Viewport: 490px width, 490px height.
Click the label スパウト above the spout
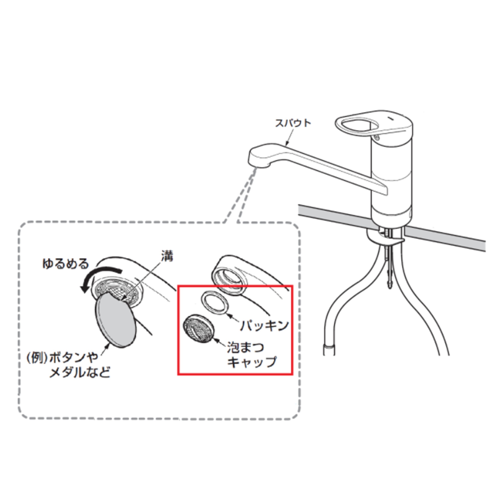point(293,123)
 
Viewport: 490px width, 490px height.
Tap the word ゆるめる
point(65,264)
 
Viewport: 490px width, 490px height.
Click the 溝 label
point(167,257)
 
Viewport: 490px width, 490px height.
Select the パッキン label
point(264,326)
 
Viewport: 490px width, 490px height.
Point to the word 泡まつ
point(245,347)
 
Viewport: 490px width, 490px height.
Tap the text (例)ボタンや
point(62,358)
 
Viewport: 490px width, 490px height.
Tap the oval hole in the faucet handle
point(360,125)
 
